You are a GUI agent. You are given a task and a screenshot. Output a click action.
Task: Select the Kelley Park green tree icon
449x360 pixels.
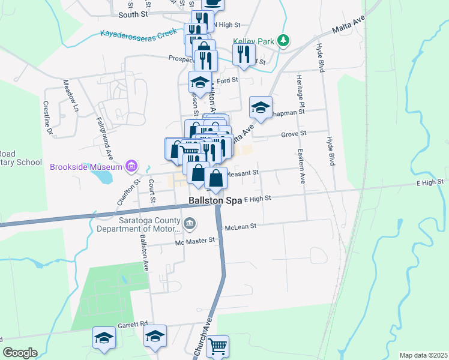283,41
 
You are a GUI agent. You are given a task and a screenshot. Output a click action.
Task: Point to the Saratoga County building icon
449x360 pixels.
190,224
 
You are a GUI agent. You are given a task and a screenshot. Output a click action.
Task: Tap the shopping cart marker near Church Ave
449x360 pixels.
218,346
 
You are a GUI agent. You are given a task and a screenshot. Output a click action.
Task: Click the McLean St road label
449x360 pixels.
240,227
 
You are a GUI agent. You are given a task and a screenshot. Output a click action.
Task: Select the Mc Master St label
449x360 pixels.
195,241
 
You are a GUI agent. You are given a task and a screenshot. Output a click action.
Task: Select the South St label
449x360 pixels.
133,14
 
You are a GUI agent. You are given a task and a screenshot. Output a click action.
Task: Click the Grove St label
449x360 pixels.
294,134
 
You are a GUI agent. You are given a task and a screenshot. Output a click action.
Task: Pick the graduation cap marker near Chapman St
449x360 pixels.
261,108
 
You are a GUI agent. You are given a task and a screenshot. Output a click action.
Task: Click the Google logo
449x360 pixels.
20,353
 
